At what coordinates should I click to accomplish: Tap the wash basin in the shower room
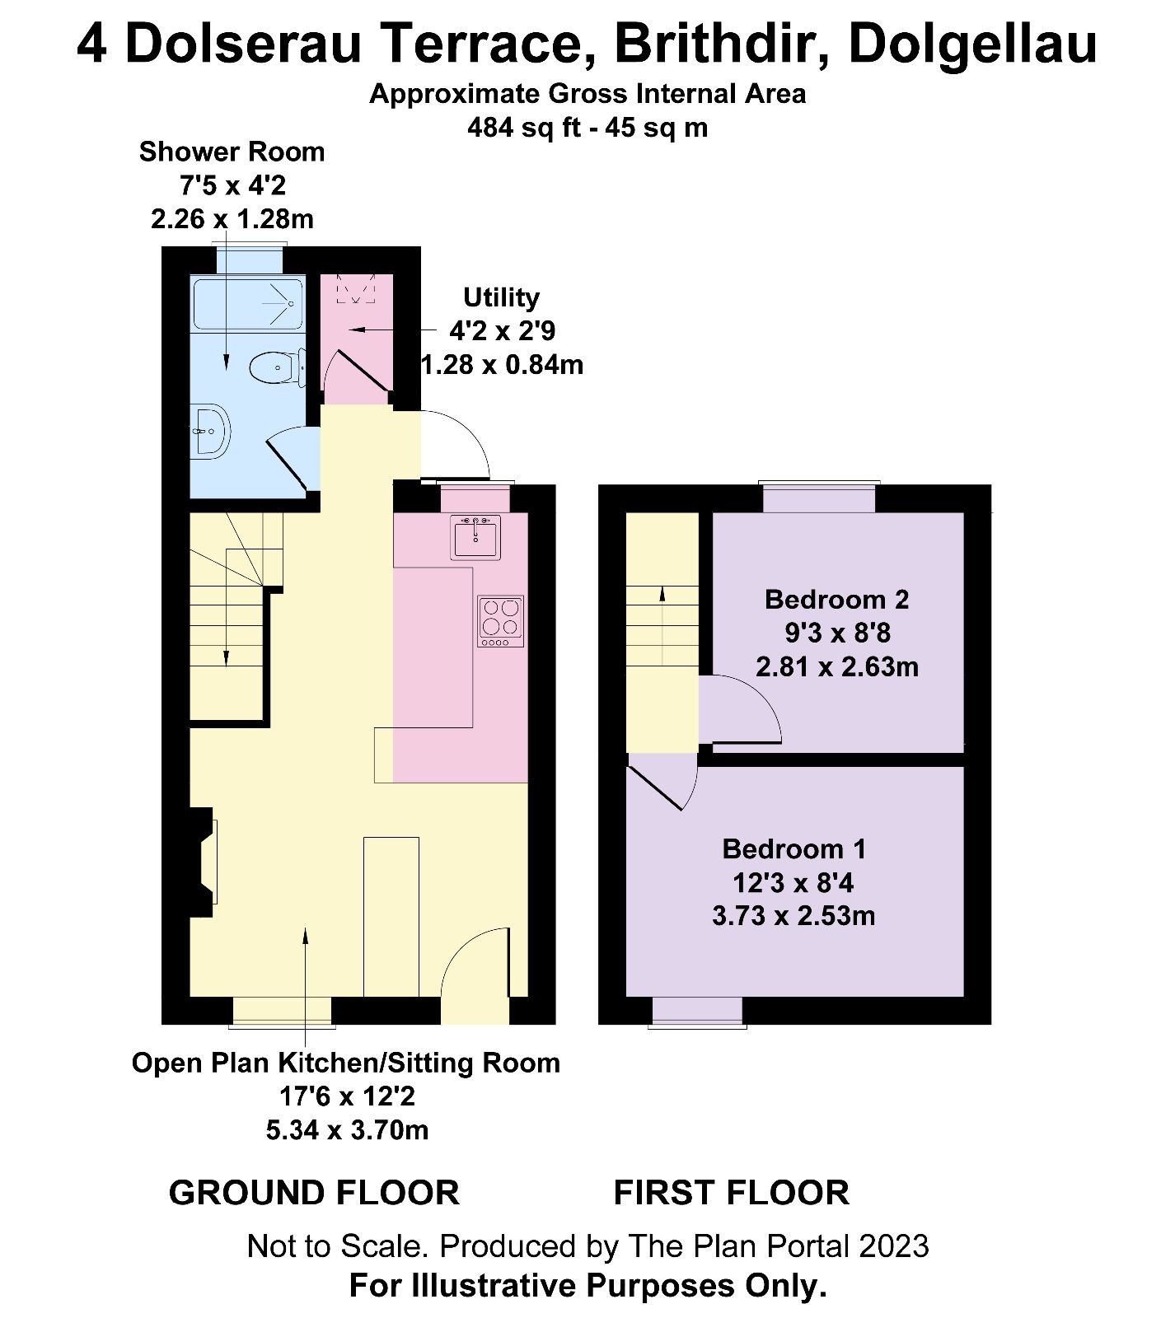coord(210,430)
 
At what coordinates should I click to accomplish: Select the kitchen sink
coord(475,537)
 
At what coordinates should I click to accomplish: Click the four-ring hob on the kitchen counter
coord(500,621)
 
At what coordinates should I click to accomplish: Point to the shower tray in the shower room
coord(247,304)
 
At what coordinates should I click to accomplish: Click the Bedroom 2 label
coord(836,599)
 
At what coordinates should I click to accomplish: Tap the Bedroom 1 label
coord(793,848)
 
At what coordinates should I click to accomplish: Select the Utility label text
coord(501,297)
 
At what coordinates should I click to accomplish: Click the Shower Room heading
coord(232,152)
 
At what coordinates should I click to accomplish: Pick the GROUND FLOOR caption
coord(314,1193)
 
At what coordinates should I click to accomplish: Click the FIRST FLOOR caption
coord(731,1193)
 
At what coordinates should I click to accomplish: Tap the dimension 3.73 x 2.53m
coord(793,915)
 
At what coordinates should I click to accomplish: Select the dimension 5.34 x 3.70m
coord(347,1129)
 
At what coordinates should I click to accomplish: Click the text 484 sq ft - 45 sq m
coord(587,128)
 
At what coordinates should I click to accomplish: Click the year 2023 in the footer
coord(894,1246)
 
